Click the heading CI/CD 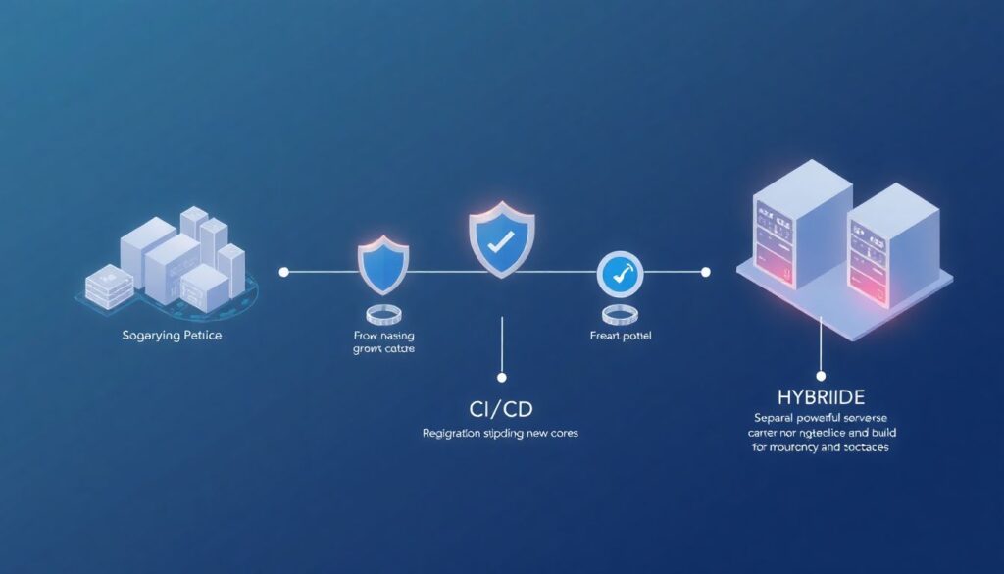pyautogui.click(x=501, y=408)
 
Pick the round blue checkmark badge pyautogui.click(x=619, y=274)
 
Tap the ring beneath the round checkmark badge pyautogui.click(x=619, y=315)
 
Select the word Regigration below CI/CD pyautogui.click(x=453, y=433)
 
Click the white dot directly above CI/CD pyautogui.click(x=501, y=377)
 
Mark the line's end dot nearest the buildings pyautogui.click(x=283, y=271)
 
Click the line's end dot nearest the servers pyautogui.click(x=705, y=271)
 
